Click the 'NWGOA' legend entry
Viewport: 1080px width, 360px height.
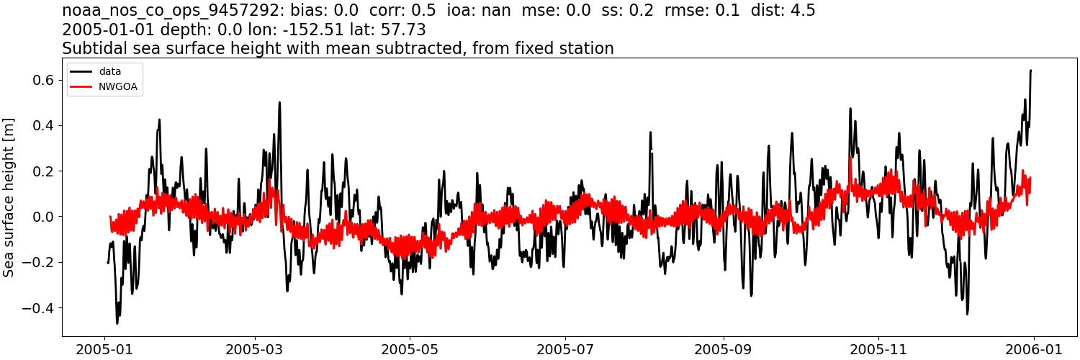pos(117,86)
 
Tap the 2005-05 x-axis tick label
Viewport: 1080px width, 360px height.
pos(410,348)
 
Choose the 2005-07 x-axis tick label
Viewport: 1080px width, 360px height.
pos(565,348)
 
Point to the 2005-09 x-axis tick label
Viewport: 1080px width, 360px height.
pos(722,348)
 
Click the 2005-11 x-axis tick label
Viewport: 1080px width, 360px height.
pos(878,348)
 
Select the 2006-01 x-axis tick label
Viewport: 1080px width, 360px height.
pos(1033,348)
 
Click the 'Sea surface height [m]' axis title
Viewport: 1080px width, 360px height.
pos(9,198)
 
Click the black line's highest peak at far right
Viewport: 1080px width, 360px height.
pos(1031,71)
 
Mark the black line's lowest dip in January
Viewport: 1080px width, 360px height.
pos(117,323)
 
